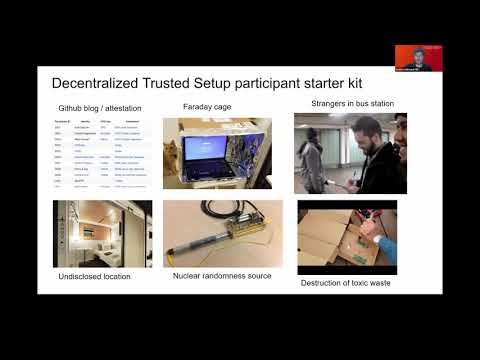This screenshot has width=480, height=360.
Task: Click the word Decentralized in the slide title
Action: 100,83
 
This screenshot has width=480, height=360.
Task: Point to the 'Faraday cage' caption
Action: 205,106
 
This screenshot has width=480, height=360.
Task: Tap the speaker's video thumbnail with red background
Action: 413,57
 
